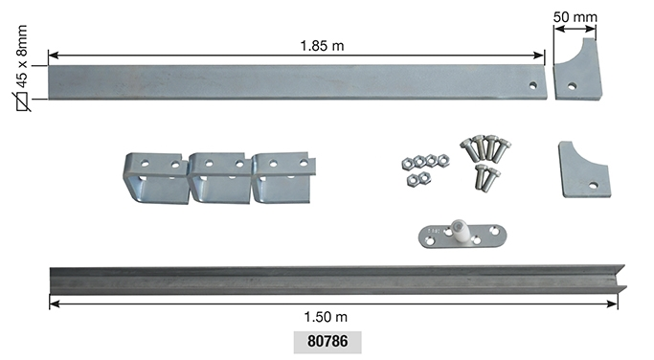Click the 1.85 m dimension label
pos(322,45)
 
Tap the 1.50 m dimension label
pos(326,317)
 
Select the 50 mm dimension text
pos(575,17)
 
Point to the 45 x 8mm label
pos(22,56)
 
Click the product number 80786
pos(327,341)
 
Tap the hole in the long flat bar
pos(533,85)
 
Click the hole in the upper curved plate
pos(572,86)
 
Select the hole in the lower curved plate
pos(593,185)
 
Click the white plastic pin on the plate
pos(459,231)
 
